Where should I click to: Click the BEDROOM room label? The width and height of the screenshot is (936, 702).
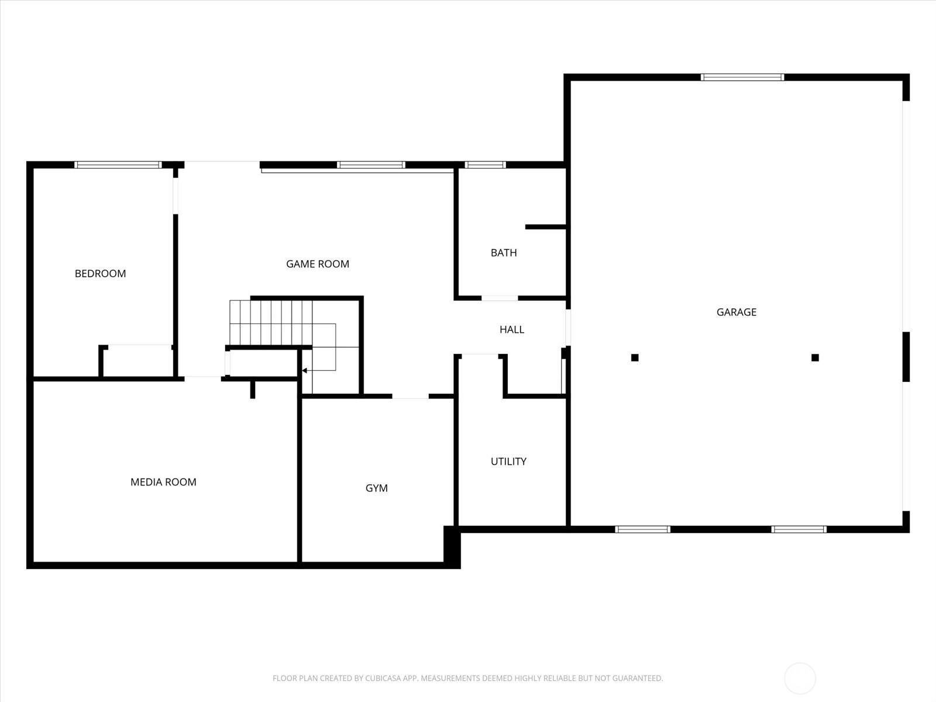[100, 273]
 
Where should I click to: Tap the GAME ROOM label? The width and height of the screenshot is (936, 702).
[317, 264]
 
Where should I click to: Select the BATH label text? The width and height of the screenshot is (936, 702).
[504, 253]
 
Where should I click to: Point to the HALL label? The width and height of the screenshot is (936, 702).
[511, 329]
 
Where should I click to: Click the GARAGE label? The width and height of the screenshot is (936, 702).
[736, 312]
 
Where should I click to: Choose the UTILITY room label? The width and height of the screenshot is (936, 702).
[508, 462]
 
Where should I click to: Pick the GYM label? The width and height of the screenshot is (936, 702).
[376, 488]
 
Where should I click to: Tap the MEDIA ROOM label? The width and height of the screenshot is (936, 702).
[163, 482]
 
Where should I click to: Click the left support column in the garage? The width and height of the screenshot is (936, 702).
[635, 357]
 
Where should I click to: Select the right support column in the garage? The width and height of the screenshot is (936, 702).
[815, 357]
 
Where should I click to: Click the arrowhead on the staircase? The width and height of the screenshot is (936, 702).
[304, 370]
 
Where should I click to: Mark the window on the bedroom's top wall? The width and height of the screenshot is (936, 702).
[118, 165]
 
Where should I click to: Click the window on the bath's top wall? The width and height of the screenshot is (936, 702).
[485, 165]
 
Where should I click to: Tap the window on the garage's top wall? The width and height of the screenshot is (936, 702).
[742, 77]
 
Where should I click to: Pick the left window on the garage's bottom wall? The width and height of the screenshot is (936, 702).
[642, 529]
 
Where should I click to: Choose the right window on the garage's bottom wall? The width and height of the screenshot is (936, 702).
[799, 529]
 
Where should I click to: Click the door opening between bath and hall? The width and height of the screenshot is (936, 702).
[499, 298]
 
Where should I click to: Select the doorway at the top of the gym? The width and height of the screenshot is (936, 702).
[410, 397]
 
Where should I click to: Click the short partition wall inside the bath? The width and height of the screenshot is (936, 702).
[545, 227]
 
